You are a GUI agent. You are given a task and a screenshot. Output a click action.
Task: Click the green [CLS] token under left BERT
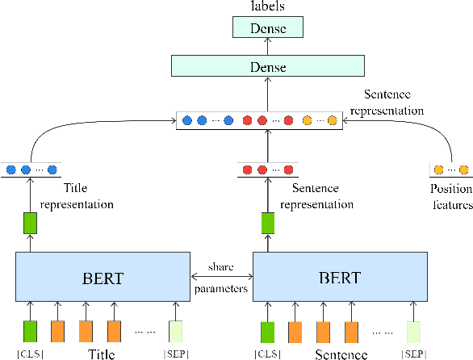click(x=30, y=330)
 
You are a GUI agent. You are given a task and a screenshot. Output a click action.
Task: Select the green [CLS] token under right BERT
click(x=268, y=330)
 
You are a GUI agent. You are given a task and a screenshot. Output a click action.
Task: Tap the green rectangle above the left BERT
click(x=30, y=223)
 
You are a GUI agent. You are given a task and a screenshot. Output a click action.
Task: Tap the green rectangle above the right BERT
click(x=268, y=223)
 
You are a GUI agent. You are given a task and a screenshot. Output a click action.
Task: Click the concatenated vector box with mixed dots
click(x=257, y=121)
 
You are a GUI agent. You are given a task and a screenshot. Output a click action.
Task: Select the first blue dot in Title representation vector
click(x=11, y=170)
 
